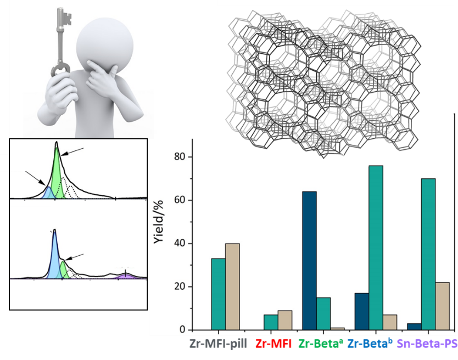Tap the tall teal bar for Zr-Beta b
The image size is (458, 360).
(x=376, y=247)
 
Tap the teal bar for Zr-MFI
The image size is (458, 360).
(x=271, y=323)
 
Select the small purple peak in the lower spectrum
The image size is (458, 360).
(x=126, y=276)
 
